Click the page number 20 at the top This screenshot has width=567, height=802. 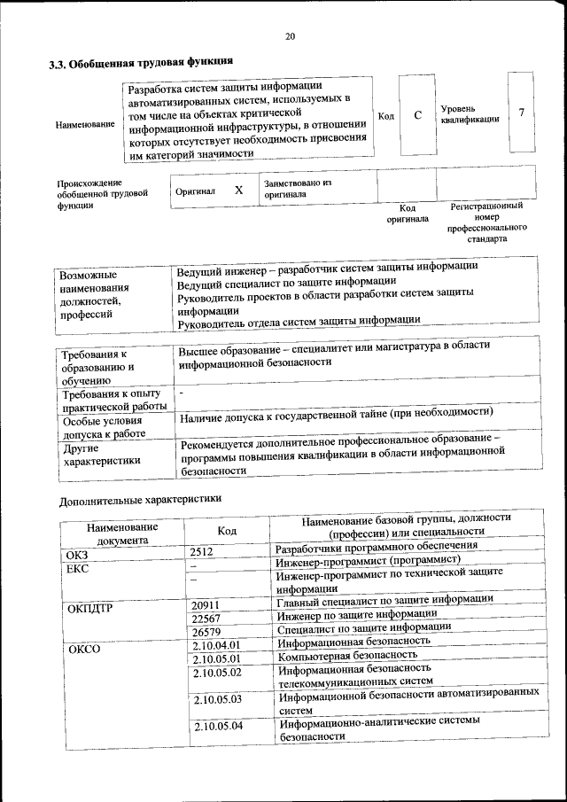pos(290,36)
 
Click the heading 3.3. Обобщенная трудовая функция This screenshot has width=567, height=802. pos(140,63)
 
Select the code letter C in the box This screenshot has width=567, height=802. pos(417,115)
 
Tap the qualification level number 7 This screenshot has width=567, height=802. pos(522,113)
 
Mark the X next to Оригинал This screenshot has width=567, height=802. pos(238,191)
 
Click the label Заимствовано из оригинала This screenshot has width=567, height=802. pos(296,187)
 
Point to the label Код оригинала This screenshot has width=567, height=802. pos(407,213)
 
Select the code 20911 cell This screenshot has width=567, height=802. pos(206,604)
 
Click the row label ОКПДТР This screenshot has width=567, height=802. pos(90,608)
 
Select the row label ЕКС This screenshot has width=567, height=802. pos(77,568)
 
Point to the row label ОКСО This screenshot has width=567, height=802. pos(84,649)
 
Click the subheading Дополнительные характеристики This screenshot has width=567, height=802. pos(140,500)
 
